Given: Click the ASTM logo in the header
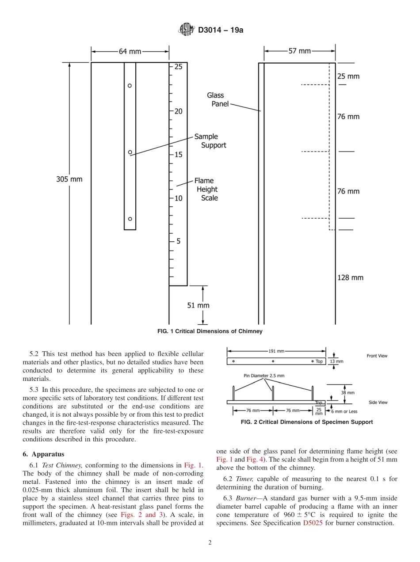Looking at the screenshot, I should coord(186,30).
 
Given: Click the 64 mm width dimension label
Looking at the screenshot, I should coord(130,52).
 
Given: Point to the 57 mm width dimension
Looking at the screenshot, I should coord(299,51).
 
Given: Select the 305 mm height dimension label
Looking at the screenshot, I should coord(69,179).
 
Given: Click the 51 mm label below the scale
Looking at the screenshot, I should coord(198,305).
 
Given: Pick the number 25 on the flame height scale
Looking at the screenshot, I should coord(178,67).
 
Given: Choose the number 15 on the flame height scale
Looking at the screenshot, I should coord(178,155).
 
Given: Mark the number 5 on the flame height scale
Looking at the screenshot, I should coord(178,241).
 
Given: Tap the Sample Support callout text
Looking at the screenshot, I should coord(210,141).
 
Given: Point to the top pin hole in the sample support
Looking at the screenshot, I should coord(130,85).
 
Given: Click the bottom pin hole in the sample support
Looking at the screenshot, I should coord(130,219).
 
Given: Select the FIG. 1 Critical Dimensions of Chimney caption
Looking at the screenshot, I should coord(210,331).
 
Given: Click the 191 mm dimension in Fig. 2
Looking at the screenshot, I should coord(276,351).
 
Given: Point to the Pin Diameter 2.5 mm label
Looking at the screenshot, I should coord(264,376).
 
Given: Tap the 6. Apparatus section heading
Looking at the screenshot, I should coord(43,454).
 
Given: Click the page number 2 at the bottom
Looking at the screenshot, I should coord(210,543).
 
